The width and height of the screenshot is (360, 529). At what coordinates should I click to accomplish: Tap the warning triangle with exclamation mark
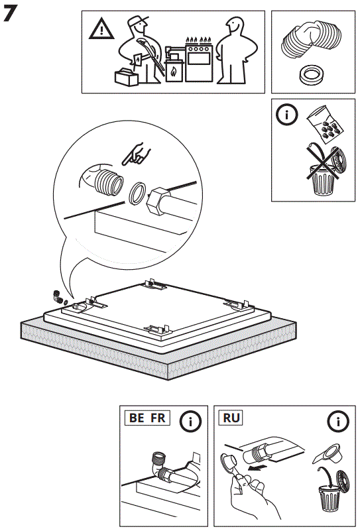[x=100, y=29]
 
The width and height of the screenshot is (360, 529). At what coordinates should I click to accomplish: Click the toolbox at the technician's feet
[x=125, y=78]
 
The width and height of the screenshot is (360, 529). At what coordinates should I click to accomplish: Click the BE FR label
[x=147, y=418]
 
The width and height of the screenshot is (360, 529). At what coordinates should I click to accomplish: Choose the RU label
[x=231, y=418]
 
